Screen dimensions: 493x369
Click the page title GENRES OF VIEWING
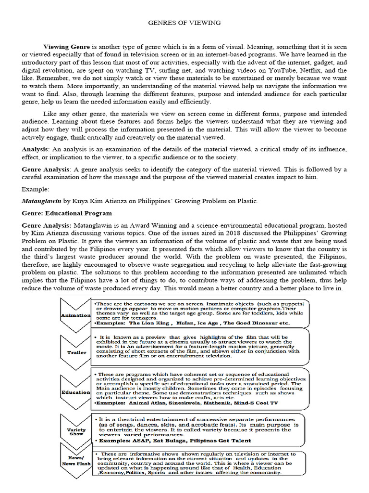click(x=184, y=23)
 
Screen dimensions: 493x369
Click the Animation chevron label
click(x=75, y=315)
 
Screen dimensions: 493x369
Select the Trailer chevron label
click(x=76, y=352)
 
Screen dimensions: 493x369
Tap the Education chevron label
click(x=75, y=392)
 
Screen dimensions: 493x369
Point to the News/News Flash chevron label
click(x=76, y=461)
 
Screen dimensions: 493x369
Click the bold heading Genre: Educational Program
click(x=67, y=213)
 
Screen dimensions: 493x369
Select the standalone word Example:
click(x=36, y=190)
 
